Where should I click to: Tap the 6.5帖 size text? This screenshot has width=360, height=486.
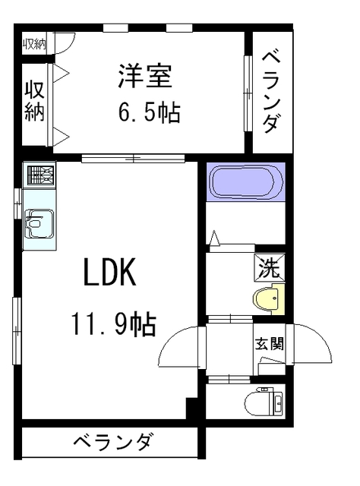149,114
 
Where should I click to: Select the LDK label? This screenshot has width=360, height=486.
109,272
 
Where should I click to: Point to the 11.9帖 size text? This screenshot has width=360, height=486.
115,324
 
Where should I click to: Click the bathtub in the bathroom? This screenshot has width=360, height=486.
245,182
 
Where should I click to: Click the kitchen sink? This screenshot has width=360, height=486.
38,224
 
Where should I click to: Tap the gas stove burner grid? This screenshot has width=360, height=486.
39,176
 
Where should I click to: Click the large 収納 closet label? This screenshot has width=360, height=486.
35,101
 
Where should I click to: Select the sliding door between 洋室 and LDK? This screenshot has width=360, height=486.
134,158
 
